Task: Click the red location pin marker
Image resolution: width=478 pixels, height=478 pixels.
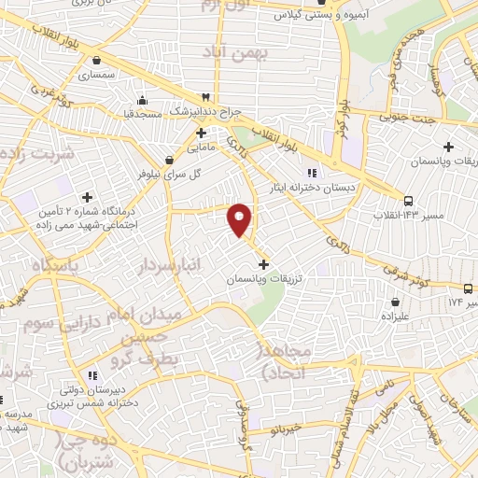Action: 240,218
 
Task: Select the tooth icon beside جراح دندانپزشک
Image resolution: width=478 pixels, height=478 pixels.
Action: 205,97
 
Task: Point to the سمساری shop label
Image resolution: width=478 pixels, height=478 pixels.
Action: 97,74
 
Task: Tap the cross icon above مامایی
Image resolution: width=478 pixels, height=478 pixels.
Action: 201,133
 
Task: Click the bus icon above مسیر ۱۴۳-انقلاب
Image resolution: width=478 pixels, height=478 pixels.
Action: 408,201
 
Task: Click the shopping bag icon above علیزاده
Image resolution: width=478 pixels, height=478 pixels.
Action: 396,302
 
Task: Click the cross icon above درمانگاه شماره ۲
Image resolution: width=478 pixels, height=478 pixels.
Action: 88,197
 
